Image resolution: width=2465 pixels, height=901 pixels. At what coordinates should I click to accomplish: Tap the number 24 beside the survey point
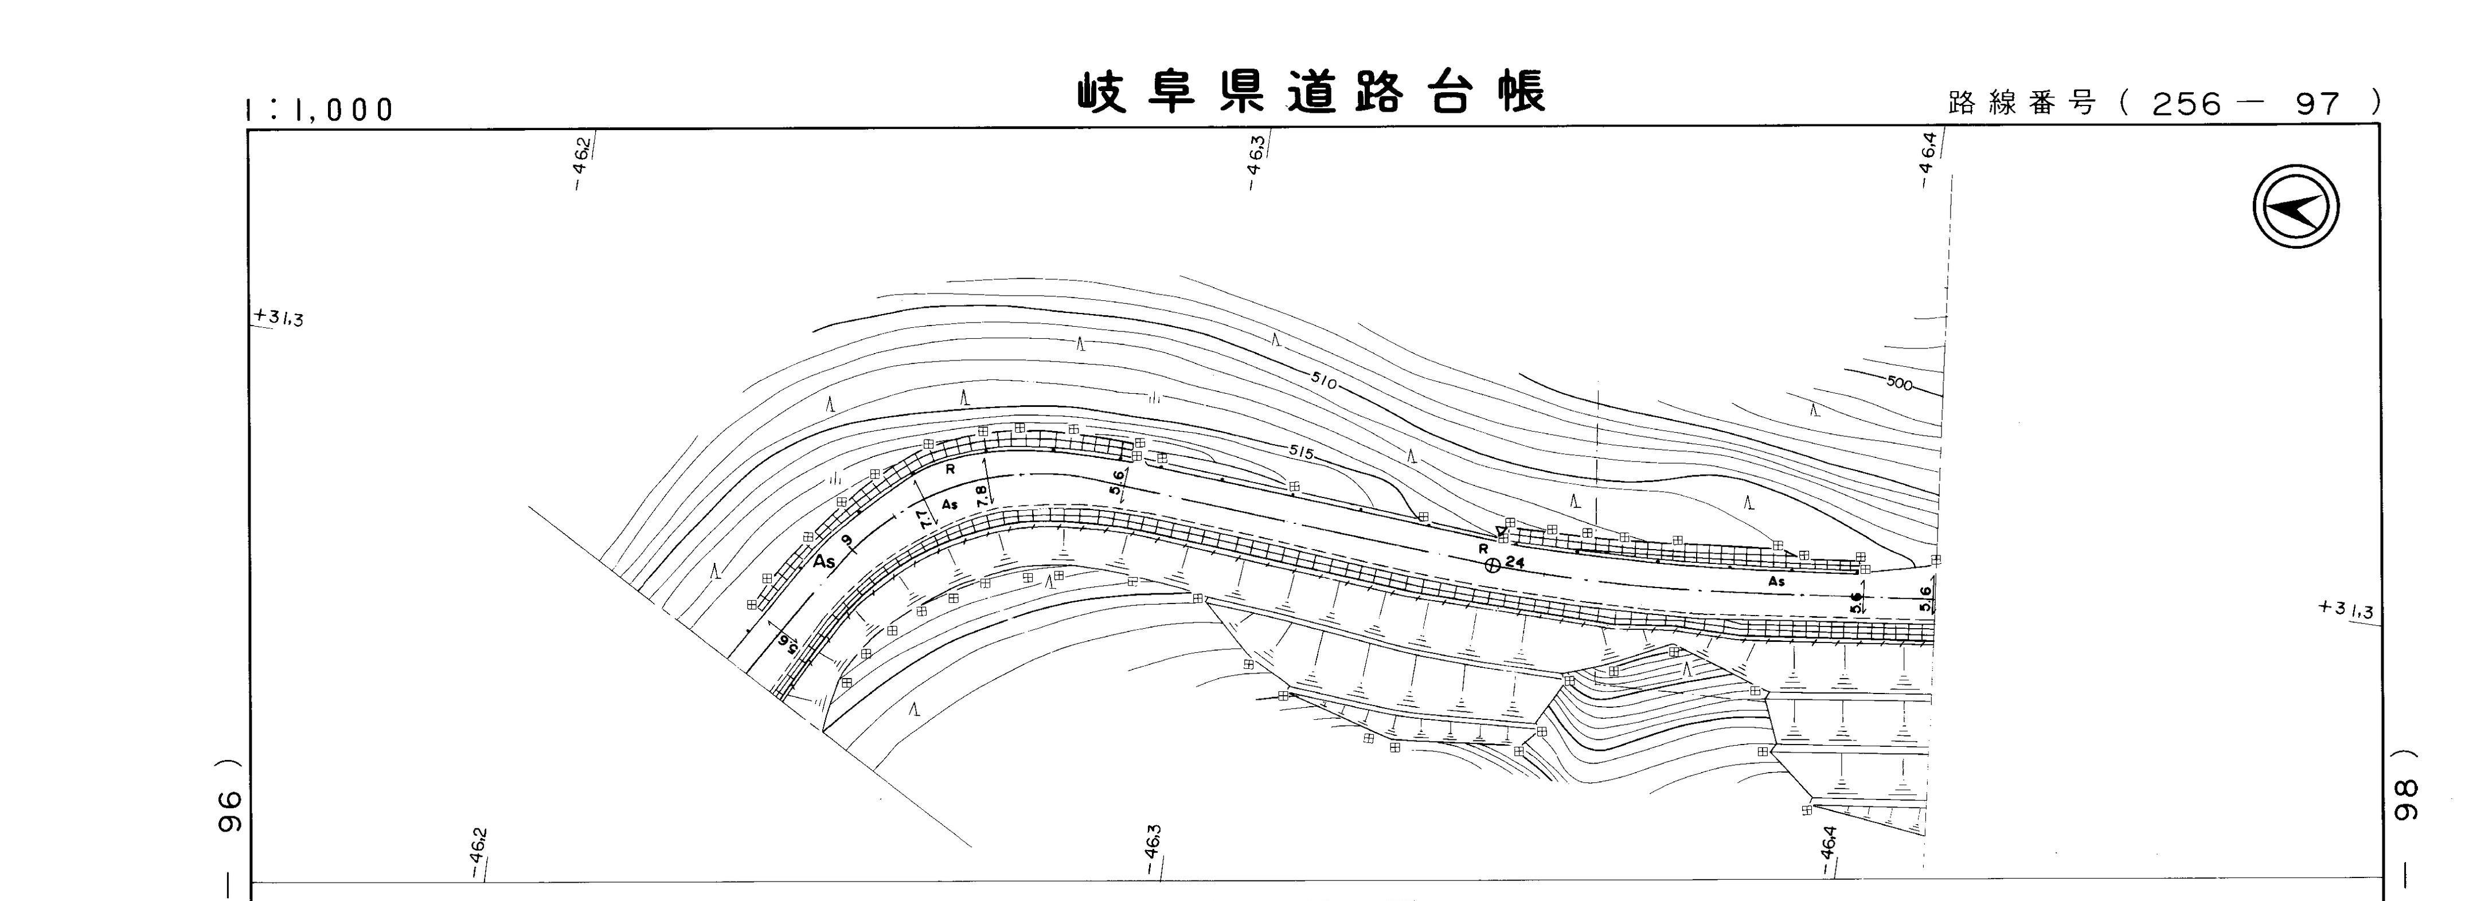point(1514,562)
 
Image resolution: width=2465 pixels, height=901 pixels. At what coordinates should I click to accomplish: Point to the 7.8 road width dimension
point(982,495)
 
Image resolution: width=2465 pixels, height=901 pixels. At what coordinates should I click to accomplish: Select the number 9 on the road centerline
point(846,542)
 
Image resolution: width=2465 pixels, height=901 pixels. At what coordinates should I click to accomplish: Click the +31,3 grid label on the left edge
point(279,318)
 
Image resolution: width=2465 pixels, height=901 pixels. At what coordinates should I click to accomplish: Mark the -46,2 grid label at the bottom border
point(478,853)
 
